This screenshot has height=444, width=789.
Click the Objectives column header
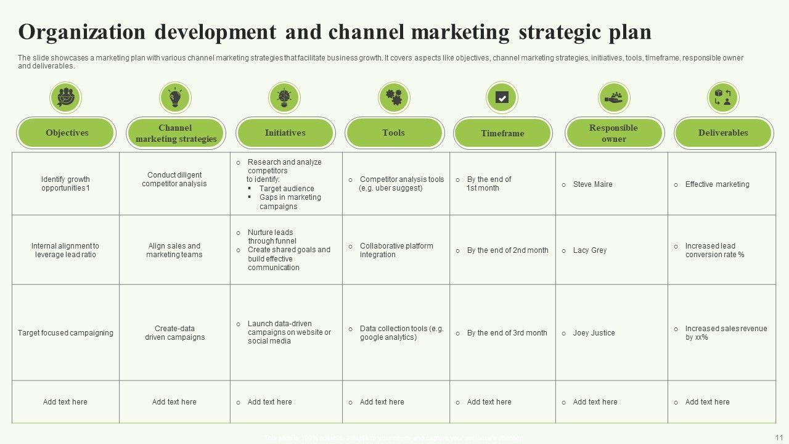click(x=67, y=133)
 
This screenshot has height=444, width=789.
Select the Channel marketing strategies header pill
click(x=176, y=133)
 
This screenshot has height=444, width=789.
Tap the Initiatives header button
click(x=285, y=133)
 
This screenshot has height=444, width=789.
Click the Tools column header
click(x=394, y=133)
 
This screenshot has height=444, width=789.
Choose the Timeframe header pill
click(x=502, y=133)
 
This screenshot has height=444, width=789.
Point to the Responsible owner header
click(x=614, y=133)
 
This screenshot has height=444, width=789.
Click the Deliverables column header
click(x=723, y=133)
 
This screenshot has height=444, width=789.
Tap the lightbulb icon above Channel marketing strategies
click(x=175, y=97)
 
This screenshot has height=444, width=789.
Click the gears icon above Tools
click(x=394, y=97)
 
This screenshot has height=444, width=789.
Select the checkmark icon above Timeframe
click(x=502, y=97)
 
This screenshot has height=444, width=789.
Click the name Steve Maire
click(x=592, y=184)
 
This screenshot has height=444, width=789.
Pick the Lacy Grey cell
click(x=589, y=250)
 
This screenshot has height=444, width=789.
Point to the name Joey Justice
click(x=594, y=333)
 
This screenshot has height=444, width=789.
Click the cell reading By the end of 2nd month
click(x=507, y=250)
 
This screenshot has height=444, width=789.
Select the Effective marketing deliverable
click(x=717, y=184)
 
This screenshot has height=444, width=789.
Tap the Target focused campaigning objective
click(x=65, y=333)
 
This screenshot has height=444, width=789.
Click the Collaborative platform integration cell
click(x=396, y=250)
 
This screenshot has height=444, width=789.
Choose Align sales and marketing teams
click(x=174, y=250)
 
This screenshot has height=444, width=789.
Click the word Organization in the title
click(x=82, y=31)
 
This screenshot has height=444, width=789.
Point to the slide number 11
click(x=778, y=437)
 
